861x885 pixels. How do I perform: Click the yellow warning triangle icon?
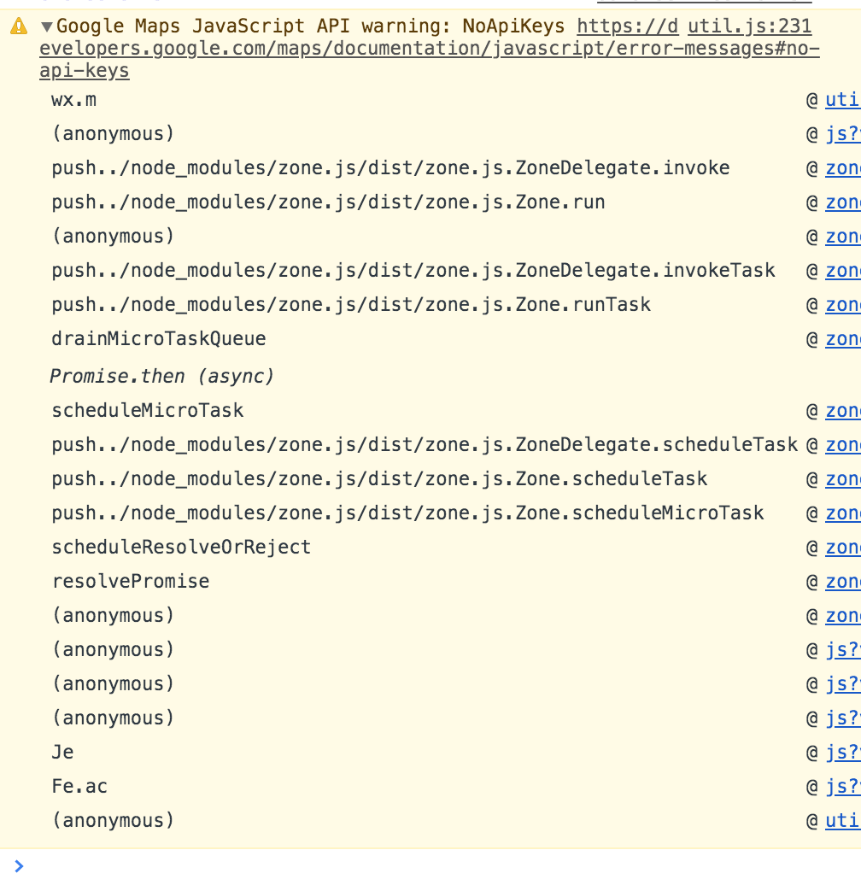[x=19, y=26]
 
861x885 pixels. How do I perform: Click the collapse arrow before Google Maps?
[x=47, y=26]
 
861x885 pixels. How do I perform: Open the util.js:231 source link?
[x=749, y=26]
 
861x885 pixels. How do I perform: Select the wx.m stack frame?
[x=73, y=100]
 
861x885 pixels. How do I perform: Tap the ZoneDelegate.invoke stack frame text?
[x=390, y=168]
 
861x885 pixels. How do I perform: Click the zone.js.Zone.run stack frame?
[x=328, y=202]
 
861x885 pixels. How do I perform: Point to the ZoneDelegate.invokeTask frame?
[x=413, y=271]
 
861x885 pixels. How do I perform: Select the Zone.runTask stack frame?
[x=351, y=305]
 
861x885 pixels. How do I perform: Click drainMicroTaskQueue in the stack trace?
[x=159, y=339]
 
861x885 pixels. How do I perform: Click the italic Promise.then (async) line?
[x=161, y=376]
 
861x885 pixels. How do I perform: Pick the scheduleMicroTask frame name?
[x=148, y=411]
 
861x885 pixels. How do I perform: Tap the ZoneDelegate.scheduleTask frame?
[x=425, y=445]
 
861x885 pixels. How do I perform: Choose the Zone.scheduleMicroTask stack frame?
[x=407, y=513]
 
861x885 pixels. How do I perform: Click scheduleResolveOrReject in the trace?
[x=181, y=548]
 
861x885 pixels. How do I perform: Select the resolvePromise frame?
[x=131, y=582]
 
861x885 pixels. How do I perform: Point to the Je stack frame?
[x=63, y=753]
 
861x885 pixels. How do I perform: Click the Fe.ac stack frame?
[x=79, y=787]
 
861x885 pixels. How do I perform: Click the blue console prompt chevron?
[x=20, y=866]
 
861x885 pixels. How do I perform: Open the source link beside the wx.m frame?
[x=842, y=100]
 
